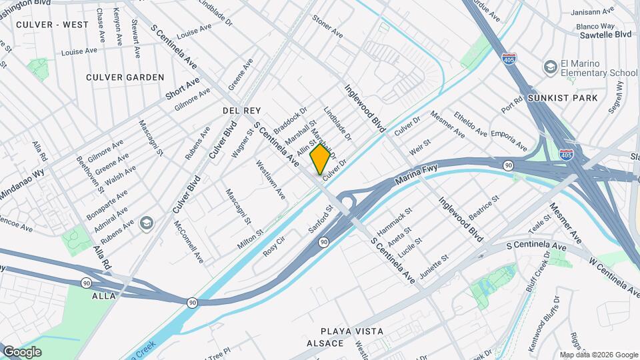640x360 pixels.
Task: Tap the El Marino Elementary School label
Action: pyautogui.click(x=599, y=69)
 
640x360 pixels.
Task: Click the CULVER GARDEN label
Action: pyautogui.click(x=125, y=77)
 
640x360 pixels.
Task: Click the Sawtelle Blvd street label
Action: pyautogui.click(x=605, y=34)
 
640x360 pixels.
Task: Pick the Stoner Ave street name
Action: pyautogui.click(x=327, y=27)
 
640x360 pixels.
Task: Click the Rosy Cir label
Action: pyautogui.click(x=274, y=247)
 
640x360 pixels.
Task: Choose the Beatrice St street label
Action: pyautogui.click(x=483, y=209)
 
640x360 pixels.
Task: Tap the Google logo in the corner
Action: pyautogui.click(x=22, y=351)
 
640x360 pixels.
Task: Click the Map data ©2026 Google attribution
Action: pyautogui.click(x=598, y=355)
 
